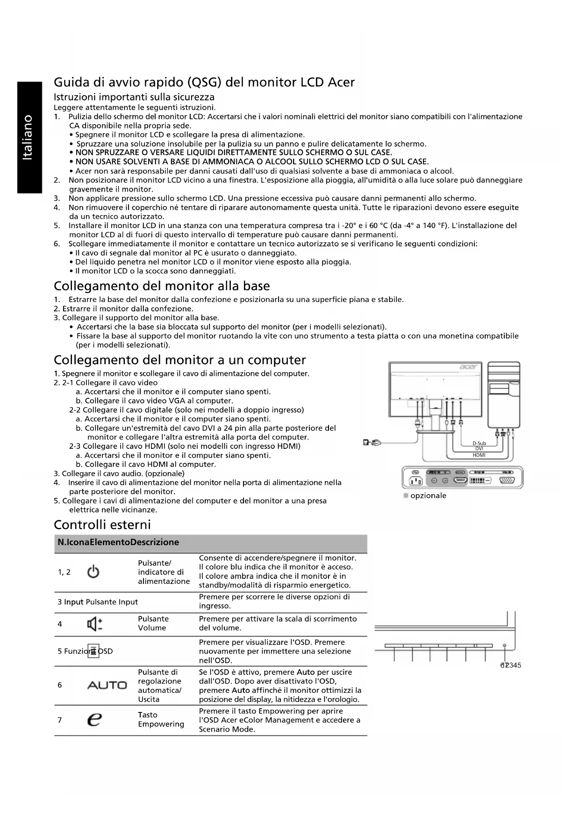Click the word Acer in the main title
point(341,83)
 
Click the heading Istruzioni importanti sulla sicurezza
point(134,97)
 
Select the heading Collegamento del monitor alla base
point(162,286)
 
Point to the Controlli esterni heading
point(102,524)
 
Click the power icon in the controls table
point(93,572)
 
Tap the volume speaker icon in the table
point(95,624)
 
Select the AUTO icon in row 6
point(107,685)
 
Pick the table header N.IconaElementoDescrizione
point(118,542)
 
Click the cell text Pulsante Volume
point(153,623)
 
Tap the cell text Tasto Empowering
point(161,719)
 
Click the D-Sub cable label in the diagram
point(479,443)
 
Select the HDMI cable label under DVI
point(479,455)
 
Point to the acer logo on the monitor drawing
point(468,367)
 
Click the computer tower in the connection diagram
point(503,395)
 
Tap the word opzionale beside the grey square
point(428,496)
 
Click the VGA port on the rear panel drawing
point(508,481)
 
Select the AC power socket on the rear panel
point(415,481)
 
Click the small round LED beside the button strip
point(504,646)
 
